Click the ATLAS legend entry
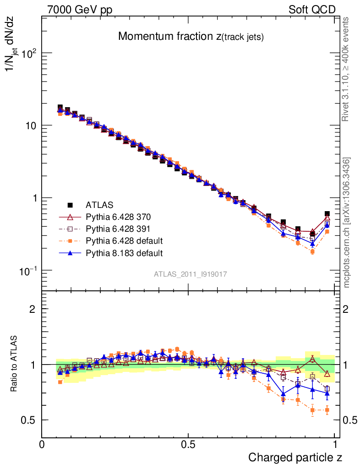tap(99, 205)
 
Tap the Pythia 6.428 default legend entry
tap(124, 240)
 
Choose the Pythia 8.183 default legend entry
tap(124, 252)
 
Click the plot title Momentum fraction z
tap(191, 37)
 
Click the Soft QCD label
tap(312, 10)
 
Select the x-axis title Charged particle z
tap(295, 457)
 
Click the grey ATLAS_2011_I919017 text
tap(191, 274)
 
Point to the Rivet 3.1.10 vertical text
tap(346, 70)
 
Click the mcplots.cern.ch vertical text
tap(347, 223)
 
